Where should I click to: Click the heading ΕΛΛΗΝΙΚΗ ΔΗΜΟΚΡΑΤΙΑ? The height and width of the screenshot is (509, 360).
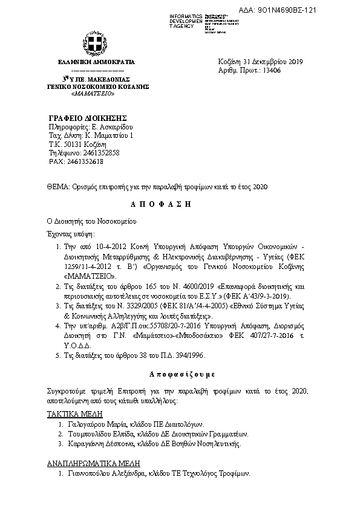(x=97, y=62)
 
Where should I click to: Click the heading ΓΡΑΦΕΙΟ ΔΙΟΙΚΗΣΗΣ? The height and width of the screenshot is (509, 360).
(x=87, y=117)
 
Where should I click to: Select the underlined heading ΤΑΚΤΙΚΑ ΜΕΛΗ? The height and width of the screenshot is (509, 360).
(x=74, y=414)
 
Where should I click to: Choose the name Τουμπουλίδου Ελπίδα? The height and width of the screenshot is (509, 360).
(x=98, y=434)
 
